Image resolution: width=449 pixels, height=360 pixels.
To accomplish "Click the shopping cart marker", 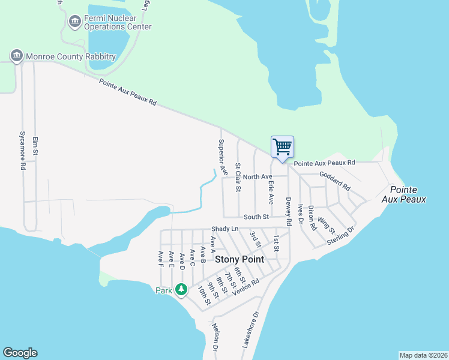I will coord(282,147).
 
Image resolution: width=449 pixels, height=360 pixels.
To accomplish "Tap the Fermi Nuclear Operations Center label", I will coord(118,23).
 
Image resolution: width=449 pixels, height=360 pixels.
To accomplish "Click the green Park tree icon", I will coord(181,290).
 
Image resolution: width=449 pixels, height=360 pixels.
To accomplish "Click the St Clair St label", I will coord(238,177).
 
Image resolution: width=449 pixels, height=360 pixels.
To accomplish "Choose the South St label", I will coord(255,217).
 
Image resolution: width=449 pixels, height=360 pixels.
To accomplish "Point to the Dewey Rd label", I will coord(289,211).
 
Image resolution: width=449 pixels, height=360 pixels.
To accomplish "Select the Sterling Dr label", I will coord(341,235).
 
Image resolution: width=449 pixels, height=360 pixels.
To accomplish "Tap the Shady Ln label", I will coord(225,229).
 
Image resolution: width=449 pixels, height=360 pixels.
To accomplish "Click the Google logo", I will coord(20,353).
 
